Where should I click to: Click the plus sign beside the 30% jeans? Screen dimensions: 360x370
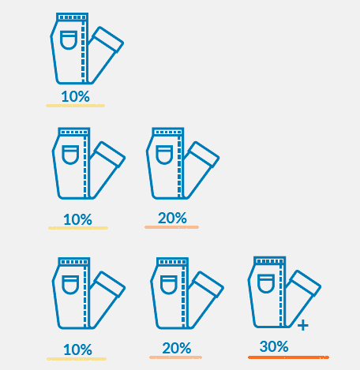303,325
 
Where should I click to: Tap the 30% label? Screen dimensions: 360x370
274,346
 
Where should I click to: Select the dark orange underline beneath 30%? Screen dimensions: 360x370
288,357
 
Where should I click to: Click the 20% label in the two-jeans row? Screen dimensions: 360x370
172,218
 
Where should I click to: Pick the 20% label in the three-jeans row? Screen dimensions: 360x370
177,348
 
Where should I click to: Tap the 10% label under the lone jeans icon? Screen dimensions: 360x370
76,96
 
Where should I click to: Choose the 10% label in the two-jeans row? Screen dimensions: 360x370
77,219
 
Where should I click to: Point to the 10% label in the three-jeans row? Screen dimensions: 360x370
77,349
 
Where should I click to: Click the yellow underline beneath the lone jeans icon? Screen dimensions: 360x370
76,106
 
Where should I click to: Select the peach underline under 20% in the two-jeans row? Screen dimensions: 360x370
171,227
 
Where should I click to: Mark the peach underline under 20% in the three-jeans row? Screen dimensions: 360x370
175,357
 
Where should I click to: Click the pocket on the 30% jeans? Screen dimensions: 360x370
266,283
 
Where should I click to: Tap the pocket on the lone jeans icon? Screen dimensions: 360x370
69,40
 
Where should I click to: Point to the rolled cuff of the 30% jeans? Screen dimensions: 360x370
306,283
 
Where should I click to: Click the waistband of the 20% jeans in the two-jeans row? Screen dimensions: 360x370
168,132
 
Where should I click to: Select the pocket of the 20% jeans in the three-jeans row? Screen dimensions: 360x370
169,285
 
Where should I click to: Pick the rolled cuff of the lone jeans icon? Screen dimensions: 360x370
108,39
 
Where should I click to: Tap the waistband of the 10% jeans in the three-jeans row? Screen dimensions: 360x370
74,262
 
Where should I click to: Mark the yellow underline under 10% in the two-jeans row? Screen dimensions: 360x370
78,228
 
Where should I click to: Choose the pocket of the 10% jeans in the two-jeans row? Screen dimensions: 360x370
70,155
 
